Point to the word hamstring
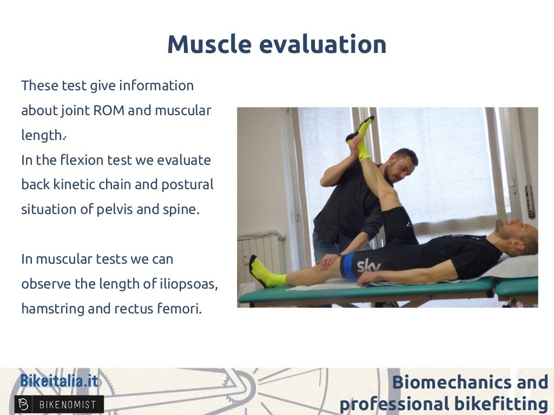[x=52, y=309]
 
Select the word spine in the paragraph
[x=182, y=209]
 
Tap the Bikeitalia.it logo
[x=59, y=381]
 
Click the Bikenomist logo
[x=59, y=404]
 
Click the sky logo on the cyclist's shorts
[x=368, y=265]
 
